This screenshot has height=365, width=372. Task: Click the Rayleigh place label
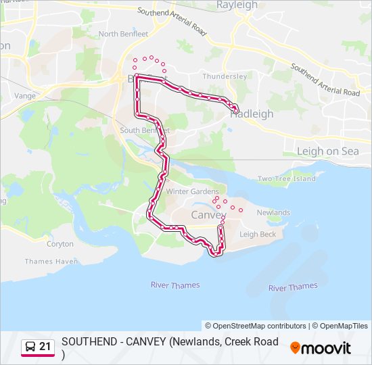[x=237, y=5]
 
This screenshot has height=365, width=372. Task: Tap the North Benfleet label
[x=122, y=34]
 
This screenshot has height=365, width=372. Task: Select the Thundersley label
[x=225, y=76]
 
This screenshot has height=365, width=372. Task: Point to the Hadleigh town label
[x=252, y=114]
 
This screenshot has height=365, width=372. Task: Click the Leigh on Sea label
[x=327, y=151]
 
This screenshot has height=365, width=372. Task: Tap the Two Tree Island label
[x=286, y=179]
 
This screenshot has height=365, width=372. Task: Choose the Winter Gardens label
[x=193, y=191]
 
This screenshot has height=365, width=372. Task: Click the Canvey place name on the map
[x=208, y=215]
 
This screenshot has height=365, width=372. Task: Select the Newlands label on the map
[x=273, y=212]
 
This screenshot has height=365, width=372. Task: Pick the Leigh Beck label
[x=258, y=235]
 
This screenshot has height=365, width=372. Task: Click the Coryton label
[x=60, y=244]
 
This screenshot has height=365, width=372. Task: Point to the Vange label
[x=24, y=96]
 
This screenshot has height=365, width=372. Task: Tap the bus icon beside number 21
[x=30, y=347]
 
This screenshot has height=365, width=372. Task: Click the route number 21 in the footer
[x=45, y=347]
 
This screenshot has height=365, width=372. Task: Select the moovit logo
[x=321, y=348]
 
